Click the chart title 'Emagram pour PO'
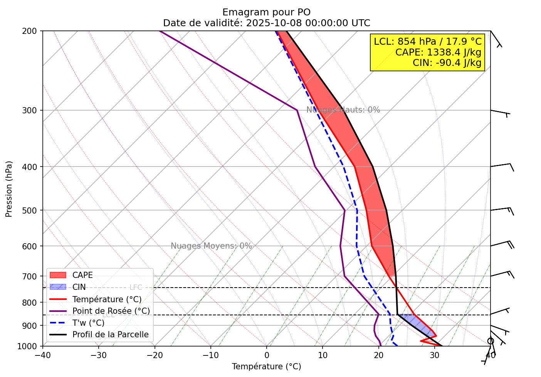(266, 12)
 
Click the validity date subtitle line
(266, 23)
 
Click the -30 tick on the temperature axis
(99, 355)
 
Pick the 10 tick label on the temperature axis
(323, 355)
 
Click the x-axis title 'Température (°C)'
(266, 367)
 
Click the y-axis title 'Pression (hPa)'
(9, 188)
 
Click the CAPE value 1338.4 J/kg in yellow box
(438, 52)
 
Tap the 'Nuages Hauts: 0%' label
(343, 110)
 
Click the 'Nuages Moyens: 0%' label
(211, 246)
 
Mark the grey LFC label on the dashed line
(136, 288)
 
